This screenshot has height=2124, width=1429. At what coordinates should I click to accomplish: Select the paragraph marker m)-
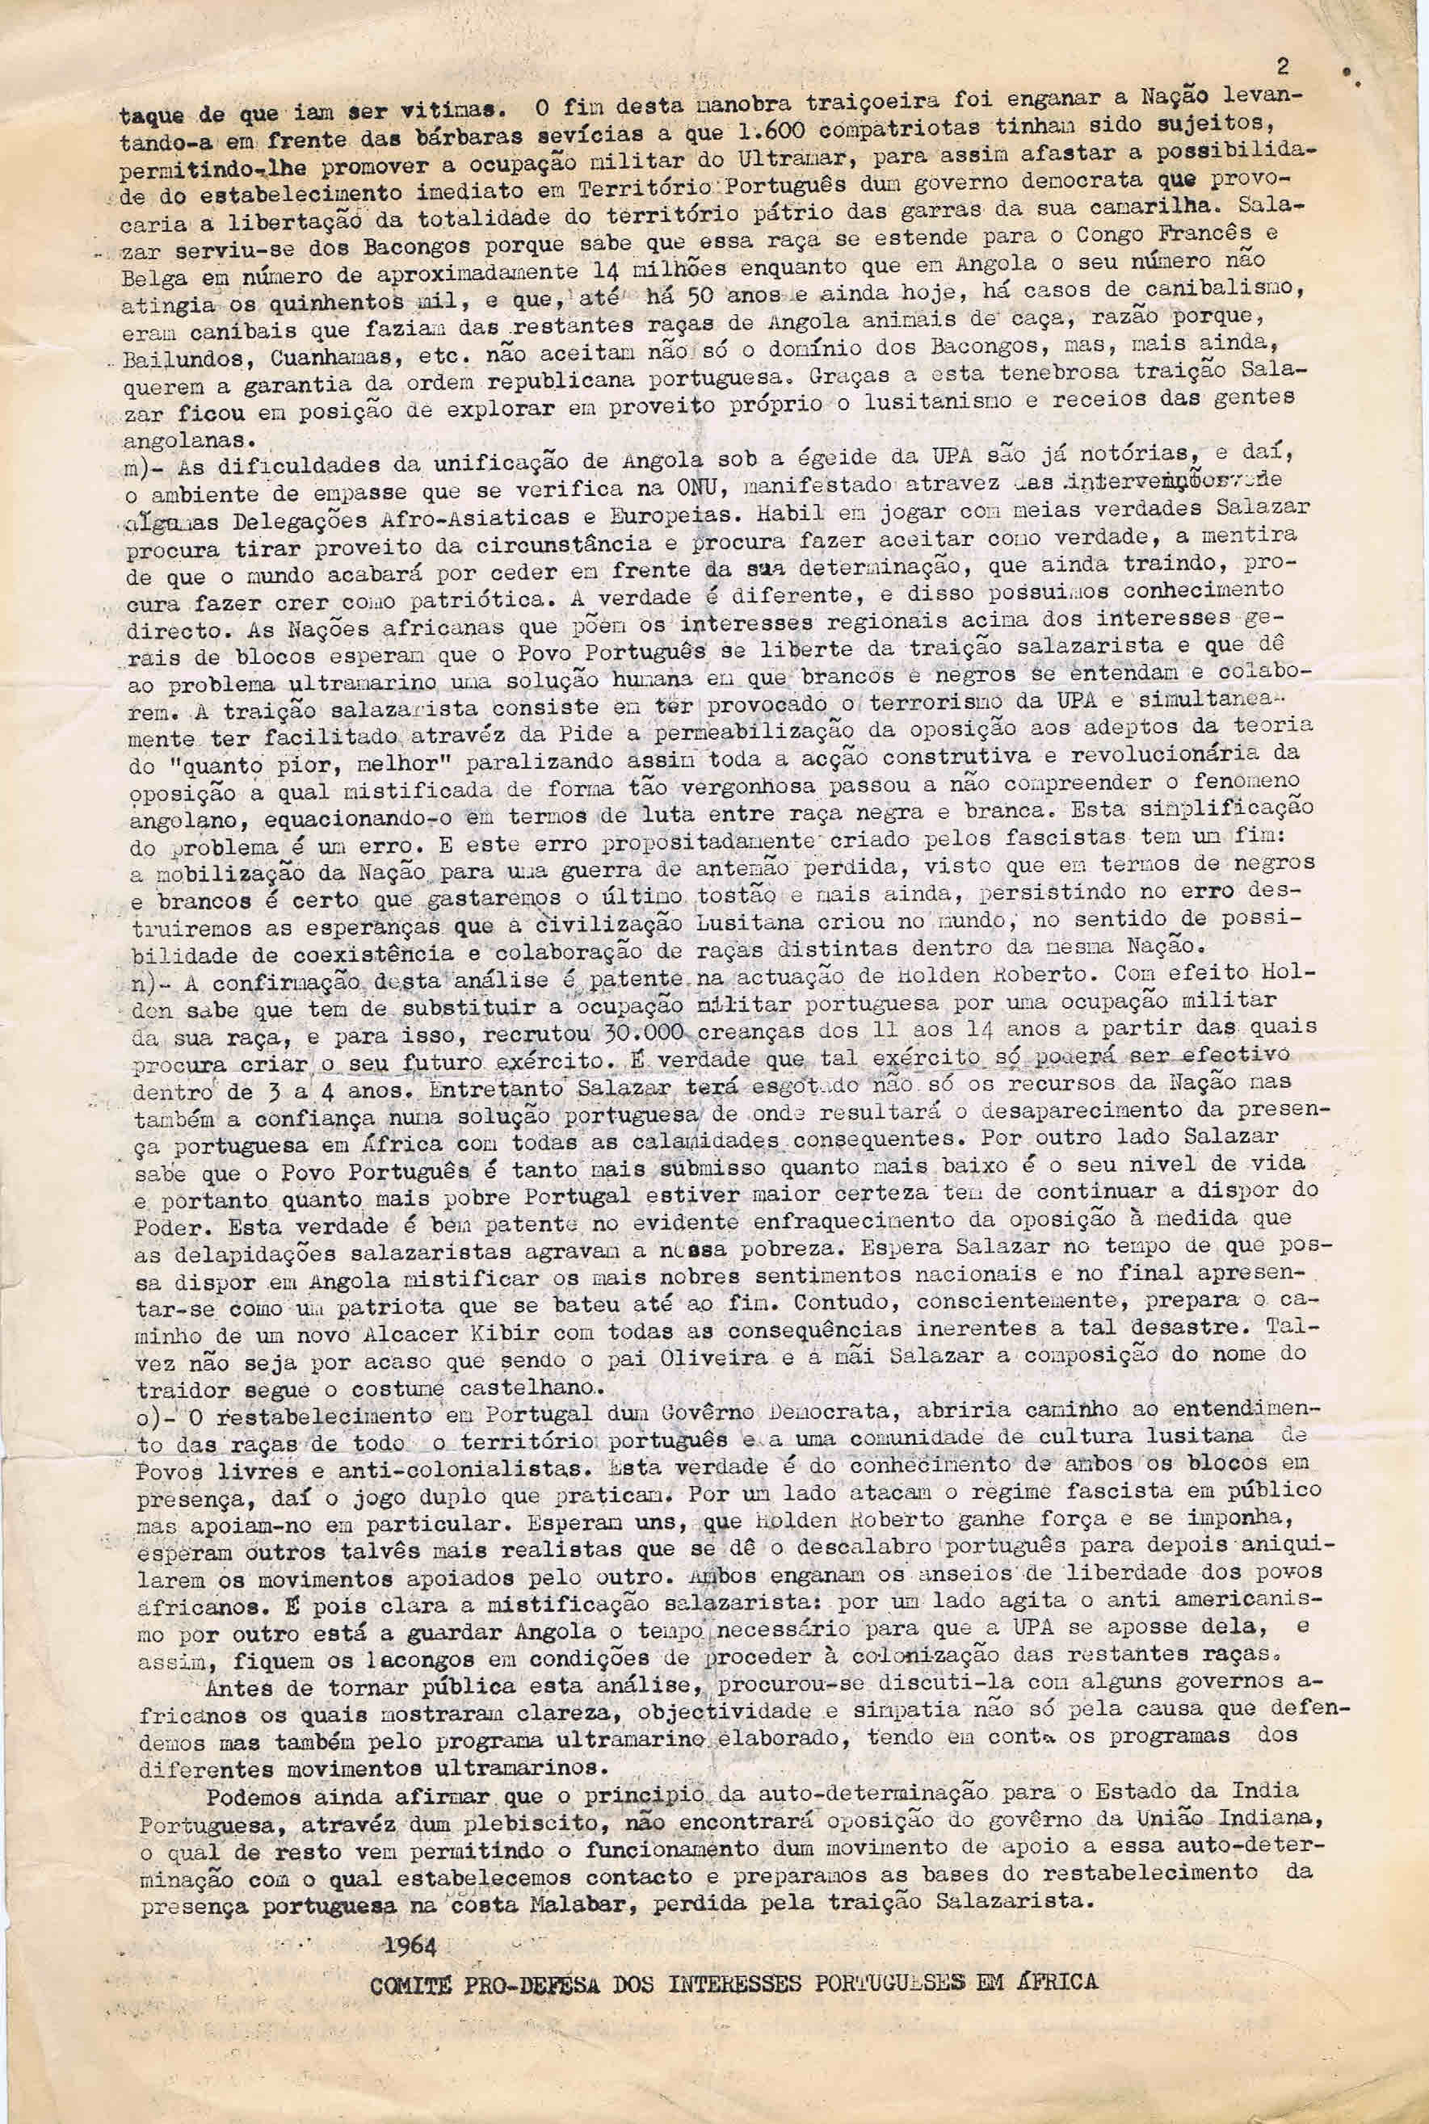(143, 468)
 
